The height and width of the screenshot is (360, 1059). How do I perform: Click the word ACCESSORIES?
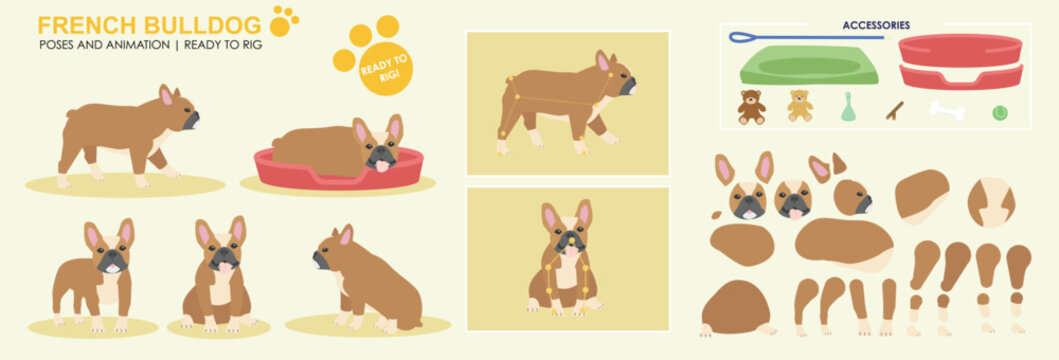[x=876, y=25]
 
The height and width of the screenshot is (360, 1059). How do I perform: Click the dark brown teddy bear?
[x=751, y=106]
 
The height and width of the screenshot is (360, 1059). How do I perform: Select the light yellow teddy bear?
[x=799, y=106]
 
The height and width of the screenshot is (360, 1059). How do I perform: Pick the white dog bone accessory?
[x=947, y=110]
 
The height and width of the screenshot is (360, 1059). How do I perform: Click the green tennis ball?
[x=999, y=113]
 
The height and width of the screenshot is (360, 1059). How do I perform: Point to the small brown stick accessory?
[x=894, y=110]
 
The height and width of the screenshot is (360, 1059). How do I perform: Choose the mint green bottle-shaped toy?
[x=848, y=108]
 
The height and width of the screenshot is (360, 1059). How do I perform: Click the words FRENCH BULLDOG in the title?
[x=149, y=24]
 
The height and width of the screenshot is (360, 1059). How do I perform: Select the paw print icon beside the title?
[x=284, y=20]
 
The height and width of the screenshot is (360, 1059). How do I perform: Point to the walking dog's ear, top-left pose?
[x=166, y=95]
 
